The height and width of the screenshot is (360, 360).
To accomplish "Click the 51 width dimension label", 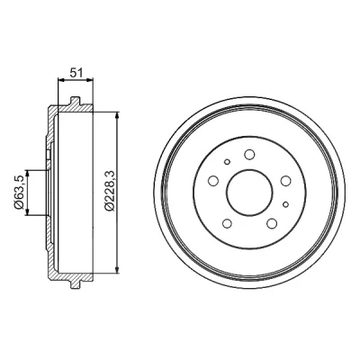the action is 76,73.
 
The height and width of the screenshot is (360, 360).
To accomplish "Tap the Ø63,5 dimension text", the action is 19,193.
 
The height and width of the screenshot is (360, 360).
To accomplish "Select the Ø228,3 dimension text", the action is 109,192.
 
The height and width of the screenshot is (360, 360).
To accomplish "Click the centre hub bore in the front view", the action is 249,193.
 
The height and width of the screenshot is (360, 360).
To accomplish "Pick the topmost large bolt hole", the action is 249,155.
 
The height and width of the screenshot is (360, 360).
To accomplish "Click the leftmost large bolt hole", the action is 213,181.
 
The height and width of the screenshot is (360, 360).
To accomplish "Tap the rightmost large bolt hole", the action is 285,181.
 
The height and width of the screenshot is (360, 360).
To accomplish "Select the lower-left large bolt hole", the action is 227,223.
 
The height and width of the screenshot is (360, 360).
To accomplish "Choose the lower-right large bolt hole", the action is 272,223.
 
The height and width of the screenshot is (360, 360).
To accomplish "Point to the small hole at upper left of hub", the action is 227,162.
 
